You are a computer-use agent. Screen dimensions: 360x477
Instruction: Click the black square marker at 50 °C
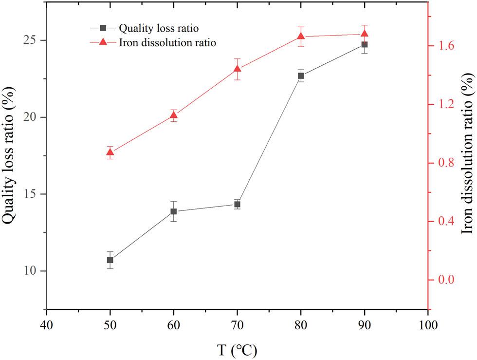point(110,260)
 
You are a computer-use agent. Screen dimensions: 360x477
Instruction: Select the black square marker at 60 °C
point(174,211)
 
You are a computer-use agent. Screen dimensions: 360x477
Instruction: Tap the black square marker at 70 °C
point(237,204)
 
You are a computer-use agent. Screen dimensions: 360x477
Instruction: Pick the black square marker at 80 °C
point(301,76)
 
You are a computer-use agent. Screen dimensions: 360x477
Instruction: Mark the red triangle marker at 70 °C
point(237,69)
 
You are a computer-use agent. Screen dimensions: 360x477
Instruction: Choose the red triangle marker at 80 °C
point(301,36)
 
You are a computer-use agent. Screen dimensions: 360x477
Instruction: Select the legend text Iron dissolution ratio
point(167,42)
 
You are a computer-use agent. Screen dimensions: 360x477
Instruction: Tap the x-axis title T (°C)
point(237,349)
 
